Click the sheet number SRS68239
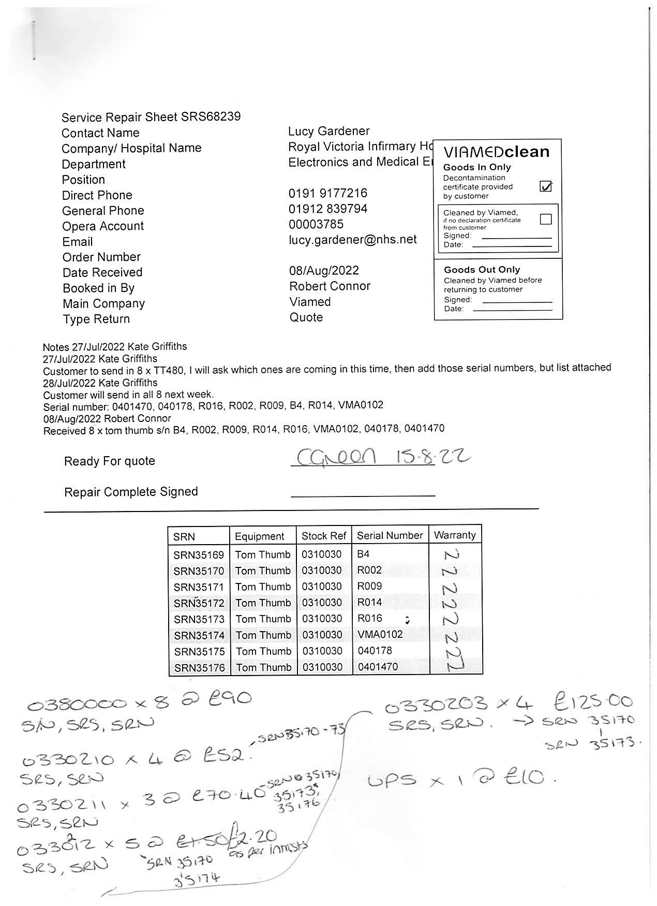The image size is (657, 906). [x=211, y=116]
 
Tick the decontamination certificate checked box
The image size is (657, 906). [x=545, y=186]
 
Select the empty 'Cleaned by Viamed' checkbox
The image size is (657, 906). [x=545, y=220]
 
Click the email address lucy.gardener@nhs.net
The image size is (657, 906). [x=352, y=240]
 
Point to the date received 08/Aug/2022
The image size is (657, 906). [x=324, y=271]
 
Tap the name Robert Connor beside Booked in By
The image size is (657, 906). [x=330, y=286]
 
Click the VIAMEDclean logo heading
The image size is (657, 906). [x=496, y=152]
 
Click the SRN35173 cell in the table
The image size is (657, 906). [x=199, y=619]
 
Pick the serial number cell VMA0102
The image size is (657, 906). [x=380, y=634]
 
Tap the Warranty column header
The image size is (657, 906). [x=455, y=535]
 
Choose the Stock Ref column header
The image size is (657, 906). [x=323, y=536]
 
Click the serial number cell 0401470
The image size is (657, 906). [x=378, y=667]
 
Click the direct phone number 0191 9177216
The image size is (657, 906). [x=327, y=194]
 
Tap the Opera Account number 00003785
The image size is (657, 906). [x=316, y=224]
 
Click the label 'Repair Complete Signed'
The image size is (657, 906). [x=131, y=492]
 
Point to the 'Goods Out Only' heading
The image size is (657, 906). [x=482, y=270]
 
